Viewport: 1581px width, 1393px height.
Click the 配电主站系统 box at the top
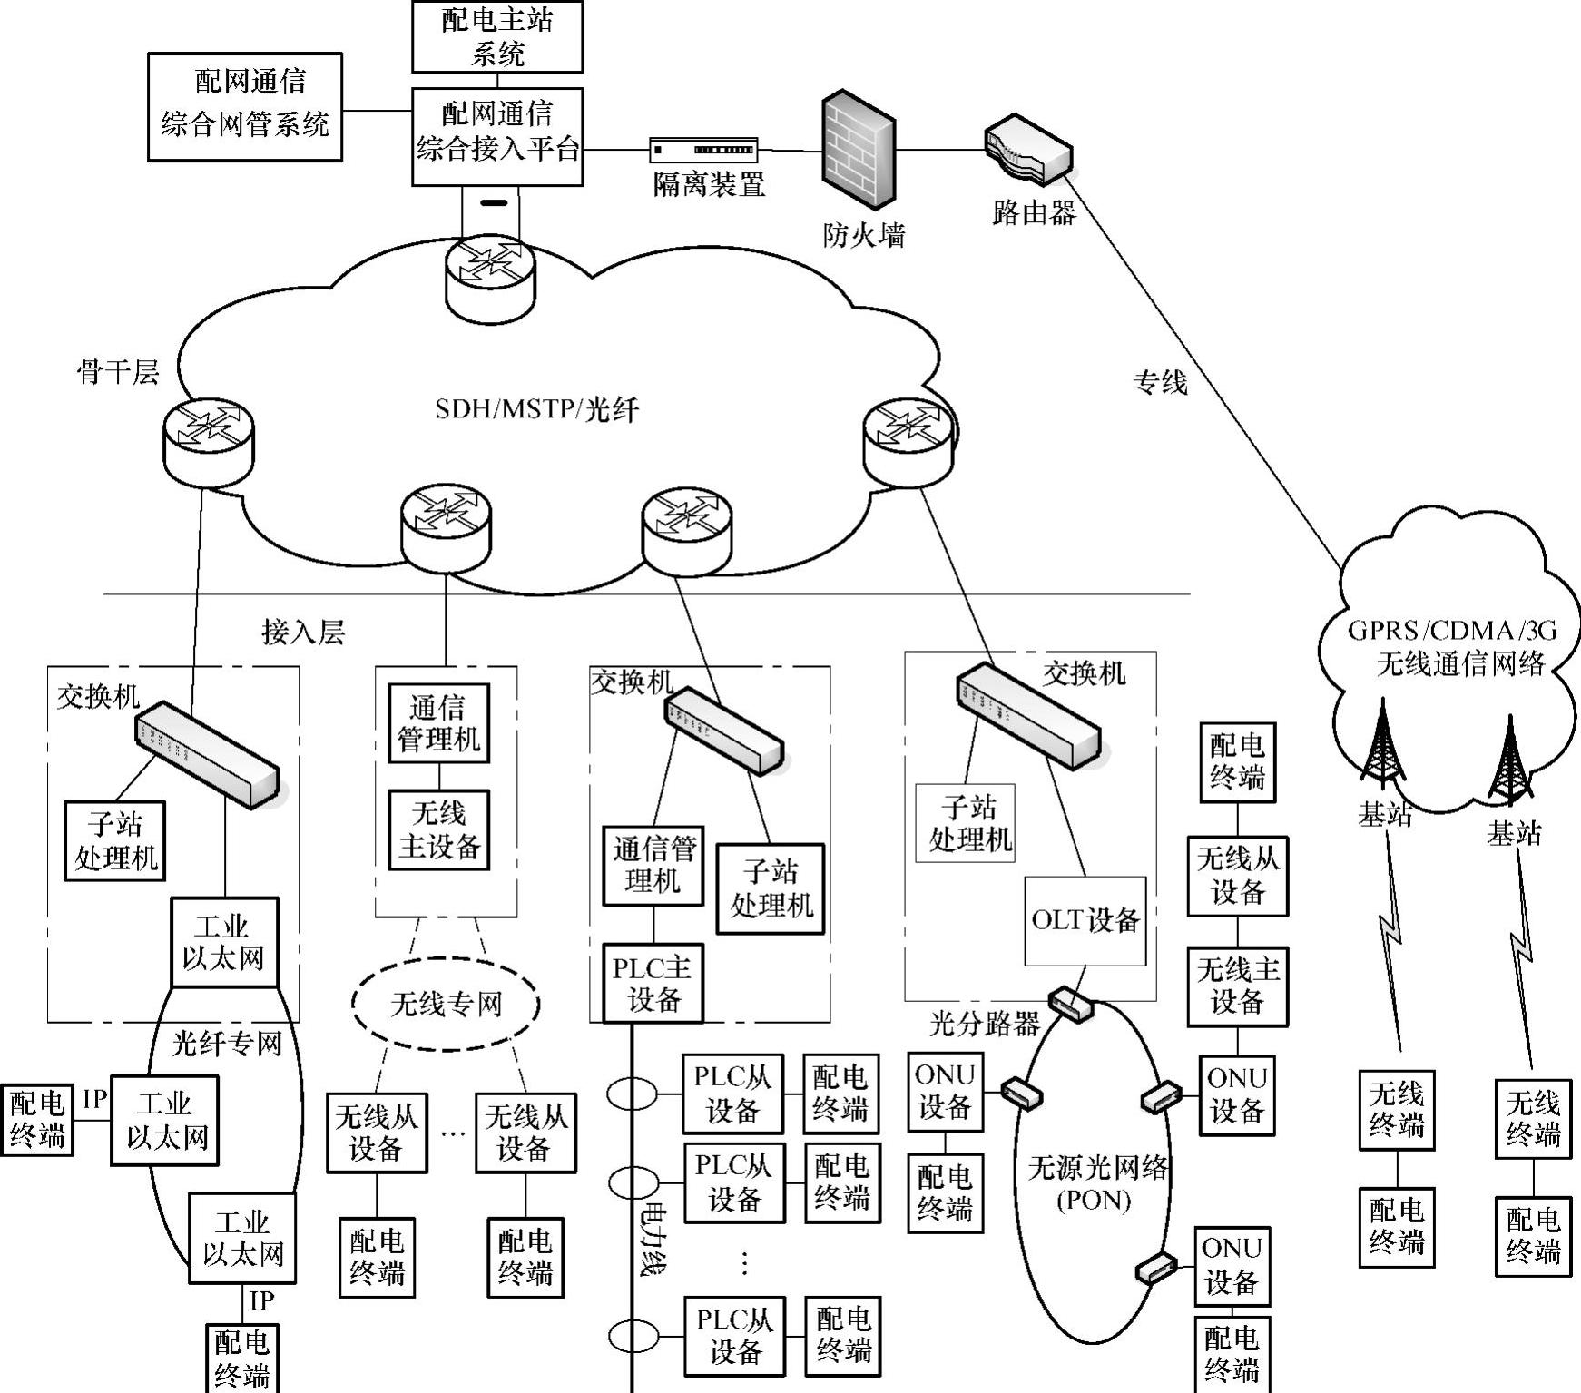(x=496, y=36)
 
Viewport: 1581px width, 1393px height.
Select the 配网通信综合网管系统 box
(x=245, y=107)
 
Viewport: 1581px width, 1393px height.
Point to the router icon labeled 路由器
(x=1028, y=151)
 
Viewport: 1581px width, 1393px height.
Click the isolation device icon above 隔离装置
(x=704, y=149)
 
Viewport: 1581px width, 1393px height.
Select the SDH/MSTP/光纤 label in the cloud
(x=536, y=409)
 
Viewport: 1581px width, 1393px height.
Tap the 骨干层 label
(x=118, y=371)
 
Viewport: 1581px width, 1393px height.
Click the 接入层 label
(x=303, y=632)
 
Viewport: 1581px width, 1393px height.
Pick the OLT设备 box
(x=1085, y=921)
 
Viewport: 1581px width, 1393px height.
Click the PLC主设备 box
(x=653, y=984)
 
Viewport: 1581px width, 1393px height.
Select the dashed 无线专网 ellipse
(x=446, y=1004)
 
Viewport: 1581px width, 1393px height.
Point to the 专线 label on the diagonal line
(x=1160, y=382)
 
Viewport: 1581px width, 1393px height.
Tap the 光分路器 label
(x=985, y=1025)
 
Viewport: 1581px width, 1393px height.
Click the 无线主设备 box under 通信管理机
(x=439, y=830)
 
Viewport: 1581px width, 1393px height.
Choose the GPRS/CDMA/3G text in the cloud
(x=1452, y=631)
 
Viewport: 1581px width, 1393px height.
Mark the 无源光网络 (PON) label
(x=1096, y=1183)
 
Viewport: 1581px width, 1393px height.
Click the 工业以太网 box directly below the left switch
(x=223, y=943)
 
